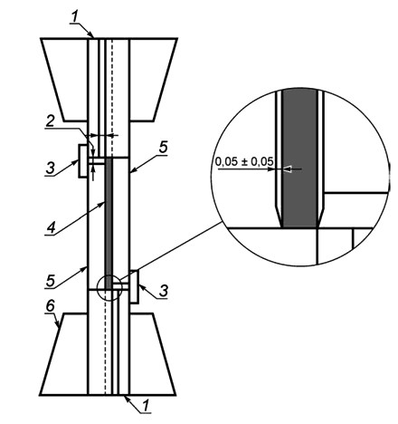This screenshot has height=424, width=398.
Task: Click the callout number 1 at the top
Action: point(75,17)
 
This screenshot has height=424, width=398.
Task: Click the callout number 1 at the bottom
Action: point(147,406)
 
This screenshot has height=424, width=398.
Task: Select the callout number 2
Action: point(50,121)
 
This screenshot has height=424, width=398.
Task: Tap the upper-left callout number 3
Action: point(51,169)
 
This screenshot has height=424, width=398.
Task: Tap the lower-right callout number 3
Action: point(164,291)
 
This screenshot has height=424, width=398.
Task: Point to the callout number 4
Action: point(51,227)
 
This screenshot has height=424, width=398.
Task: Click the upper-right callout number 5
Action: point(163,148)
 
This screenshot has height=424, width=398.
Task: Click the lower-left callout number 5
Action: point(51,281)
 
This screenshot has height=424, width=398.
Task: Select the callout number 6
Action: point(50,306)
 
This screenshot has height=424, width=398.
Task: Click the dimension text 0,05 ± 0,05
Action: point(244,161)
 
